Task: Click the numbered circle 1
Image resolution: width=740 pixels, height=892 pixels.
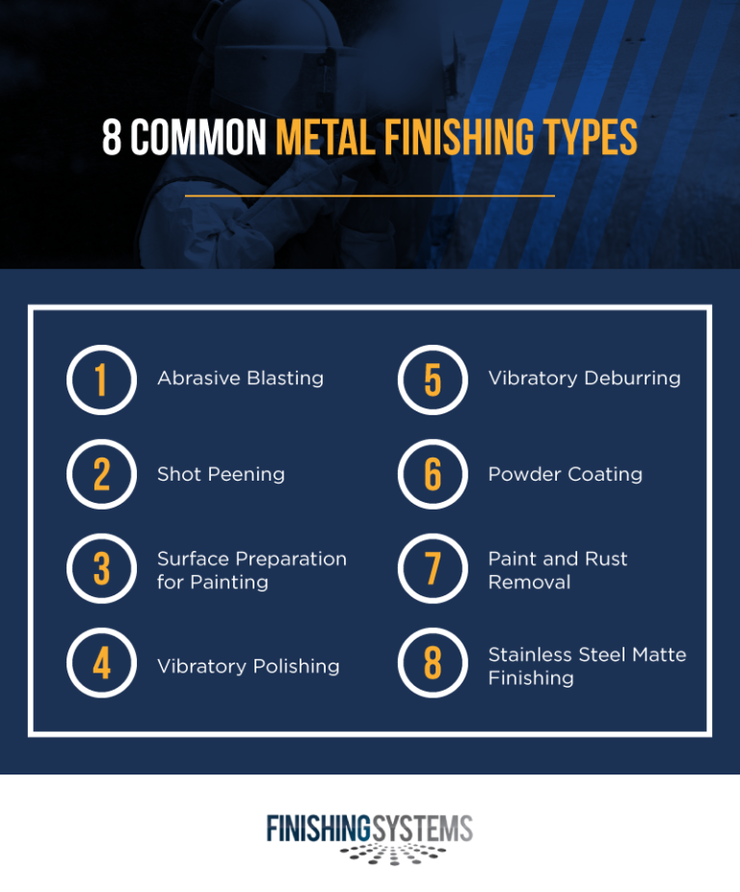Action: point(101,380)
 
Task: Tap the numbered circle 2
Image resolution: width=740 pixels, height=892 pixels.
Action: point(101,474)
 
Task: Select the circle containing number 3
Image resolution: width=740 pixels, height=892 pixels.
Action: point(101,569)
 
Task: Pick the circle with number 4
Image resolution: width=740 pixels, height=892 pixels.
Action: point(101,666)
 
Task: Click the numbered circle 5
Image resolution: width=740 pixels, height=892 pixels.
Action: point(433,380)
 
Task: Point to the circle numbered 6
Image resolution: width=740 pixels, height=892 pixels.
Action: point(433,474)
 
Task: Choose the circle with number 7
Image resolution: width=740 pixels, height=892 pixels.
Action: point(433,569)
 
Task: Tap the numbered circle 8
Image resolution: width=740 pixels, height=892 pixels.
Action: point(433,666)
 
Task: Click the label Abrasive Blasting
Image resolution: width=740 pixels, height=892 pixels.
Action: point(240,379)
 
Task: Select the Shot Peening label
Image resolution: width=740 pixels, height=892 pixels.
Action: point(221,474)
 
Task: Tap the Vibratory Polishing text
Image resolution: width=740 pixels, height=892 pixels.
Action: point(248,667)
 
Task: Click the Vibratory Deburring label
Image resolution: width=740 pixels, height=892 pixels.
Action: point(584,379)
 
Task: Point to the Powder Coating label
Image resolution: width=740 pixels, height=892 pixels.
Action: point(565,474)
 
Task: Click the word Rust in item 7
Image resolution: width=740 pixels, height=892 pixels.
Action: point(605,559)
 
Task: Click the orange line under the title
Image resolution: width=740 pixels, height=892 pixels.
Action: point(370,196)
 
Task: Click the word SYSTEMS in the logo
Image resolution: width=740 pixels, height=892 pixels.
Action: point(423,828)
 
